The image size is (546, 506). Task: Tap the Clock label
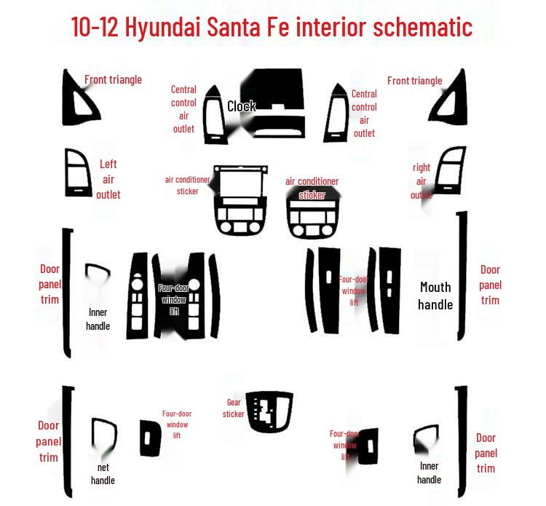tap(241, 106)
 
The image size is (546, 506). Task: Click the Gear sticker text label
tap(233, 408)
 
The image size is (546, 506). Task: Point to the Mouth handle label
tap(435, 296)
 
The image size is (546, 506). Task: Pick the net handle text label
tap(103, 473)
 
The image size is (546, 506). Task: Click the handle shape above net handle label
tap(103, 436)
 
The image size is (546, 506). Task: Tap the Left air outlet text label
tap(108, 179)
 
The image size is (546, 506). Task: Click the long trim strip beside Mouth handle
tap(462, 277)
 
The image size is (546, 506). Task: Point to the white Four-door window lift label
tap(173, 299)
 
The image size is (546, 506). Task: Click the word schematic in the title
tap(422, 27)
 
